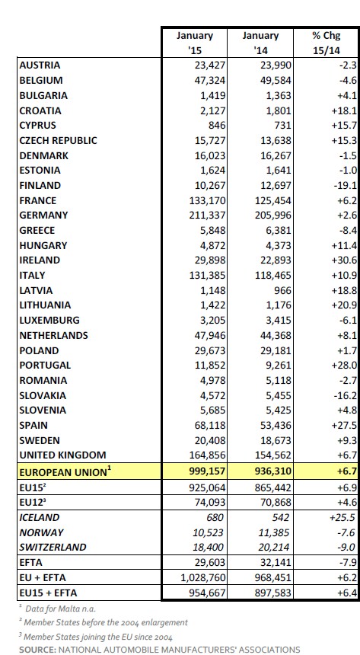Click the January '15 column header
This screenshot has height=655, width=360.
coord(195,43)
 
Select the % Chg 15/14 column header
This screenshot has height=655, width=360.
coord(327,43)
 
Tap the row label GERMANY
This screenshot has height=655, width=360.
coord(43,215)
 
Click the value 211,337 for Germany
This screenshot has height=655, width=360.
coord(207,216)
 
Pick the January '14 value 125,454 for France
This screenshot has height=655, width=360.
coord(273,200)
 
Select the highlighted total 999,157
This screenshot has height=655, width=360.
coord(207,471)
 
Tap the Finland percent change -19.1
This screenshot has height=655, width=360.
coord(346,186)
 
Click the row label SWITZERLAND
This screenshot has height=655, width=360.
coord(53,547)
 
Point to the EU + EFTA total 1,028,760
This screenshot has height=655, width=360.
coord(203,578)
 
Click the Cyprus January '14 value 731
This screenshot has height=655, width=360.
coord(282,126)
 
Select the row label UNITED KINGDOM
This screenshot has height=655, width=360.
coord(62,455)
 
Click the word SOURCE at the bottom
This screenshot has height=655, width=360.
coord(37,650)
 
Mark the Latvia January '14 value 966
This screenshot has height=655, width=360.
coord(282,290)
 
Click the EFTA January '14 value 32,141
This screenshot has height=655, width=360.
coord(276,562)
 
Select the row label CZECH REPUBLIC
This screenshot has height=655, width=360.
coord(58,140)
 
